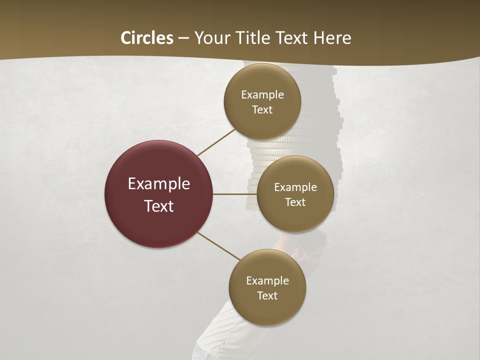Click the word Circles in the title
click(x=146, y=38)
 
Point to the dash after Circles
click(x=183, y=38)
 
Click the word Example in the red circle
click(x=159, y=184)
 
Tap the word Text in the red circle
click(x=159, y=206)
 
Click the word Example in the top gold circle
click(x=262, y=95)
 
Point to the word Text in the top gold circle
click(x=262, y=110)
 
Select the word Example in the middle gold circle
click(x=295, y=187)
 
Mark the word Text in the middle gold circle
click(x=295, y=202)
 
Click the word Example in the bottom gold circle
click(x=267, y=280)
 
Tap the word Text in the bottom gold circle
click(x=267, y=295)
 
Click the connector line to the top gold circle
click(x=216, y=142)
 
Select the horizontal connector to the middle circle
click(x=235, y=194)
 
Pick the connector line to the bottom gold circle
click(x=219, y=246)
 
